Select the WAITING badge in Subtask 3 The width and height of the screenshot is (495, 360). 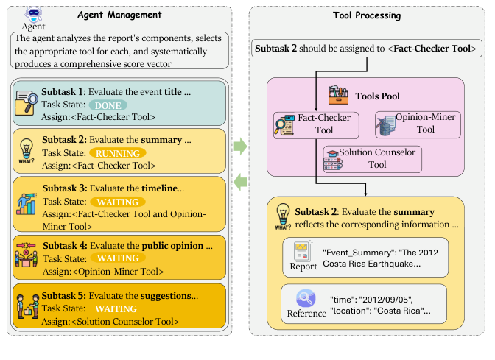tap(116, 201)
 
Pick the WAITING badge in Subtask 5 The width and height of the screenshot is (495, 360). tap(116, 309)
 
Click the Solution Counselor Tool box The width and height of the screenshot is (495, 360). tap(372, 158)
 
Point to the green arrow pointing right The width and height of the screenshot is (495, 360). tap(239, 147)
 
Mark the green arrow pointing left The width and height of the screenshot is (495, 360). tap(239, 182)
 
